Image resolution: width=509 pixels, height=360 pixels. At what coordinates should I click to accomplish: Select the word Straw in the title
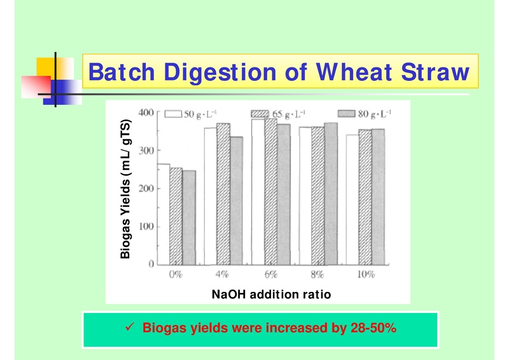point(435,72)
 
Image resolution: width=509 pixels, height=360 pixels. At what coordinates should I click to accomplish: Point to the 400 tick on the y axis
point(146,113)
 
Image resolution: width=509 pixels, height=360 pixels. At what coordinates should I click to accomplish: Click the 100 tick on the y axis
point(146,226)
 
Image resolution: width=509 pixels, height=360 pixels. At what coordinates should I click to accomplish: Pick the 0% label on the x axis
point(176,275)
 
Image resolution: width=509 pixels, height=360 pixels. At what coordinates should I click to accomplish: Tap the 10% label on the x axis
point(365,275)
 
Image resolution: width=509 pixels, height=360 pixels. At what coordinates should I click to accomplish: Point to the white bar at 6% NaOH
point(258,191)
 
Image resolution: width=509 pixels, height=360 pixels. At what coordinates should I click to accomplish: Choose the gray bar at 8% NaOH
point(331,193)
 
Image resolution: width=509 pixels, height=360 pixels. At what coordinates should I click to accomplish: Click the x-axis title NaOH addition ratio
point(271,294)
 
